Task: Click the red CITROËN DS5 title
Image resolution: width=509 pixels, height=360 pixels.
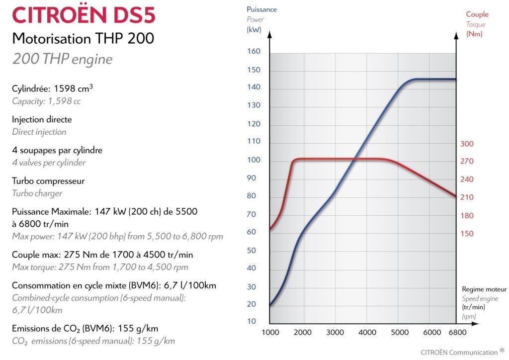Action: pos(84,15)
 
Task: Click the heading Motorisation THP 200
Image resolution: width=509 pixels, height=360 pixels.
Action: pos(83,39)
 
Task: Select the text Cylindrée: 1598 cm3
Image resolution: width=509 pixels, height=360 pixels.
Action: pos(53,89)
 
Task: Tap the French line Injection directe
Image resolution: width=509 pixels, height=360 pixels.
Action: pos(42,120)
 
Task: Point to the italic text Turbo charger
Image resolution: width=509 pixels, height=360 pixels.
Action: pos(37,193)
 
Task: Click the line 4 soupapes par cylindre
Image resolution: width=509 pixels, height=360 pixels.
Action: pos(57,150)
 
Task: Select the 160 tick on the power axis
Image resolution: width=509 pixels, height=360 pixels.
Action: pos(254,52)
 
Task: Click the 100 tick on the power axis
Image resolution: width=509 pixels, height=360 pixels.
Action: pos(254,160)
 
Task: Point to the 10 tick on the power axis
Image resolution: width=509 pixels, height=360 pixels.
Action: pos(252,321)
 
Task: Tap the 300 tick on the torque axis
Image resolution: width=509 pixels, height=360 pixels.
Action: pos(467,144)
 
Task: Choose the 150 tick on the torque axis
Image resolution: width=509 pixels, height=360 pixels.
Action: pos(467,234)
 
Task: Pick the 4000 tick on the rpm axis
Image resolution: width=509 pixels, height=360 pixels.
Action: pos(367,332)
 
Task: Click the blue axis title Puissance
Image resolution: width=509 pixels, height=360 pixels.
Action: pos(262,9)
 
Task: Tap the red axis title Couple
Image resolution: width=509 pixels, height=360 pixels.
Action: pos(477,14)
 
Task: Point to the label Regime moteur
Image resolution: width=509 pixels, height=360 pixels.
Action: pos(484,289)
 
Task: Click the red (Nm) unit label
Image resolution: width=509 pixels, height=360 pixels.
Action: pos(474,34)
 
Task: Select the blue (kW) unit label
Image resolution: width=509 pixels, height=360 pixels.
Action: pos(254,30)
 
